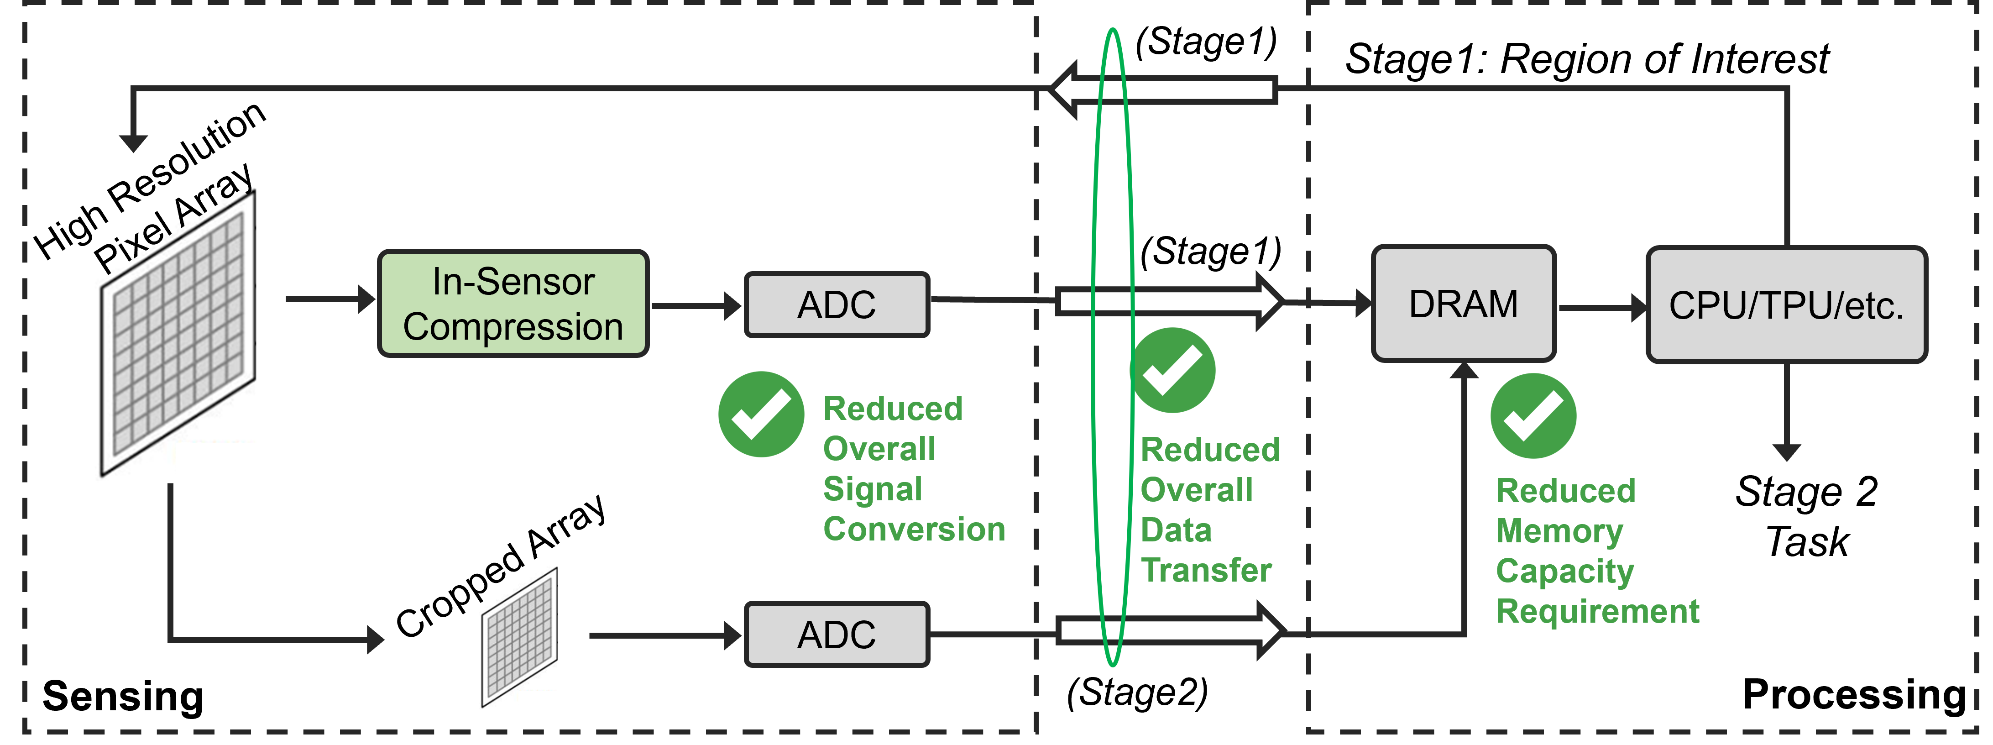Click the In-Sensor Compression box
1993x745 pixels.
[513, 303]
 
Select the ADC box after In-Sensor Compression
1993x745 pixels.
[837, 305]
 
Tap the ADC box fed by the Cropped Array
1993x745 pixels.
[837, 635]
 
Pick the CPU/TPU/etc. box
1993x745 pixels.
[1786, 305]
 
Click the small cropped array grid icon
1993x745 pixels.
[519, 637]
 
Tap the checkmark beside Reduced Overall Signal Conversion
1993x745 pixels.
[760, 414]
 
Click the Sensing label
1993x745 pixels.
[122, 696]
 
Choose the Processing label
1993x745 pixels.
[1854, 694]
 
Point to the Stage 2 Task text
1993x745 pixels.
[1806, 516]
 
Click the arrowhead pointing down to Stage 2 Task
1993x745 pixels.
[1786, 452]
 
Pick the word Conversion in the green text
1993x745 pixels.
[914, 529]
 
